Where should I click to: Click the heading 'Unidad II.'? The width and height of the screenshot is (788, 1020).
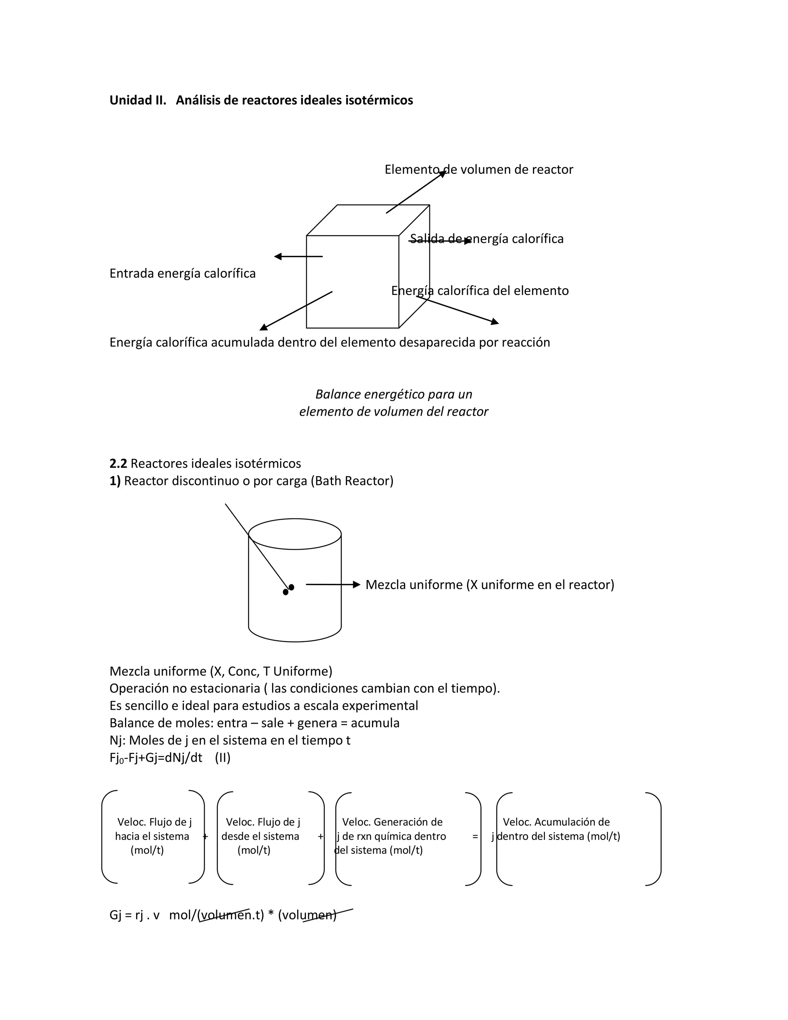138,100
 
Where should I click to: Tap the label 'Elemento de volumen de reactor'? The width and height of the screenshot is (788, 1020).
479,169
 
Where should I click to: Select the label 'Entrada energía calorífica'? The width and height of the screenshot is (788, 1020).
182,273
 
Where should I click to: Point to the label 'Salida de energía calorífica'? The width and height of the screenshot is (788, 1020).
486,239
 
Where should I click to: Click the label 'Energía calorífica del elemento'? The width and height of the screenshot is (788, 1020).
480,291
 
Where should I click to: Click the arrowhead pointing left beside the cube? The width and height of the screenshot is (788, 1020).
278,256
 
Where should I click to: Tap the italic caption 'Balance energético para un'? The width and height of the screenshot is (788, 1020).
394,394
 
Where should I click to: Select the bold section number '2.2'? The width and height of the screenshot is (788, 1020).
118,463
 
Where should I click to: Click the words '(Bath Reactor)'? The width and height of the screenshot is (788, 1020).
352,481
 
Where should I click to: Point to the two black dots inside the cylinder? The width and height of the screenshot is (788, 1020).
289,589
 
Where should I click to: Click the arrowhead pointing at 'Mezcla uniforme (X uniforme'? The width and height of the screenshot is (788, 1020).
357,584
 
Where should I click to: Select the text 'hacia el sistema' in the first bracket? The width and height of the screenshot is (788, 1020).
152,836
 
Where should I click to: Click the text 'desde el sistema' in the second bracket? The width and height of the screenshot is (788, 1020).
260,836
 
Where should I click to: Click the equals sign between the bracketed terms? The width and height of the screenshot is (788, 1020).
475,836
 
